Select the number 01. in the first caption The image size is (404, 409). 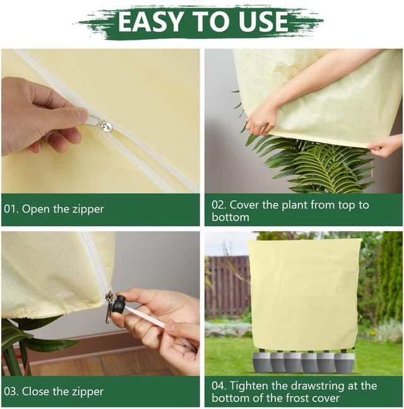[12, 209]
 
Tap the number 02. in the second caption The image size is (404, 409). [218, 205]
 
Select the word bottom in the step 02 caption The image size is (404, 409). [230, 217]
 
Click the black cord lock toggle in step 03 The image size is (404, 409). [118, 305]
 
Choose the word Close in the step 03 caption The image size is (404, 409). [36, 391]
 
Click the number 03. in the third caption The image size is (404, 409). [12, 391]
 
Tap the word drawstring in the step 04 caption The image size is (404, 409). [321, 386]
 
